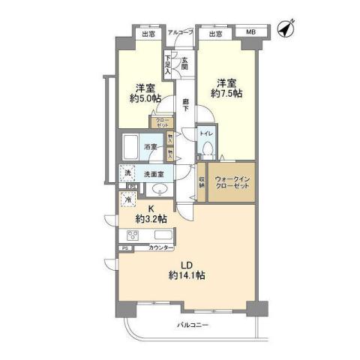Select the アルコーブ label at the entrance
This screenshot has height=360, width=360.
click(x=180, y=33)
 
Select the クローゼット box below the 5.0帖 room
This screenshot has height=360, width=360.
click(x=162, y=123)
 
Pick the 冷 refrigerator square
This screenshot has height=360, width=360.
click(x=128, y=199)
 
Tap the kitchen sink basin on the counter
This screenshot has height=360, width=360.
click(x=159, y=232)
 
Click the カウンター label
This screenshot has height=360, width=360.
click(x=161, y=247)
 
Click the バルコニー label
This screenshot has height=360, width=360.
click(x=193, y=325)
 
